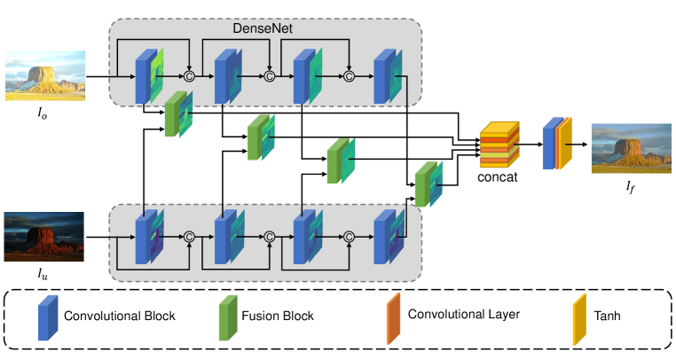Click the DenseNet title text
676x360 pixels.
coord(263,28)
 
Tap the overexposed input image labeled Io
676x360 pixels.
coord(45,76)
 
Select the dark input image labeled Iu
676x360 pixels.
coord(44,237)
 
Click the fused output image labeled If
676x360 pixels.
coord(631,149)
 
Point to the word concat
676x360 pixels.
coord(498,176)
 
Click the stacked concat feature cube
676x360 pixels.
coord(499,145)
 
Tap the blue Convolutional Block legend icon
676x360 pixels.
coord(48,317)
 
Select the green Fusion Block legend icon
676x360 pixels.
coord(228,317)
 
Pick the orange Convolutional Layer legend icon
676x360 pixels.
coord(394,318)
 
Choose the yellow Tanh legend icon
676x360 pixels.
coord(579,319)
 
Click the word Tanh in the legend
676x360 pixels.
coord(607,316)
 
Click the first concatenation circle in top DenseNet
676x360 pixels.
coord(189,76)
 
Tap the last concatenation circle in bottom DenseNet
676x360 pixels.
coord(349,237)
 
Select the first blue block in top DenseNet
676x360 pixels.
coord(143,76)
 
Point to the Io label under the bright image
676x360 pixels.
coord(42,113)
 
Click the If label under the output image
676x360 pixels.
coord(630,187)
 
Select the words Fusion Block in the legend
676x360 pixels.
coord(278,316)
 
